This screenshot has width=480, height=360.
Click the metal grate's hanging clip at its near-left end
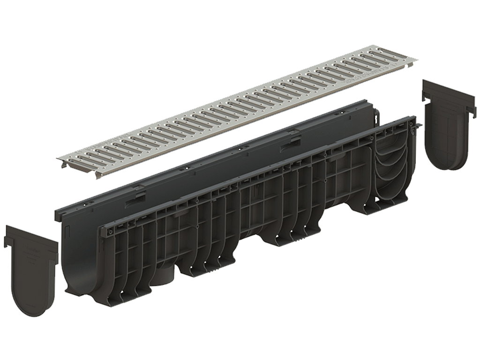click(x=98, y=174)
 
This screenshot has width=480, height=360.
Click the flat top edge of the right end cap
click(x=445, y=87)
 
